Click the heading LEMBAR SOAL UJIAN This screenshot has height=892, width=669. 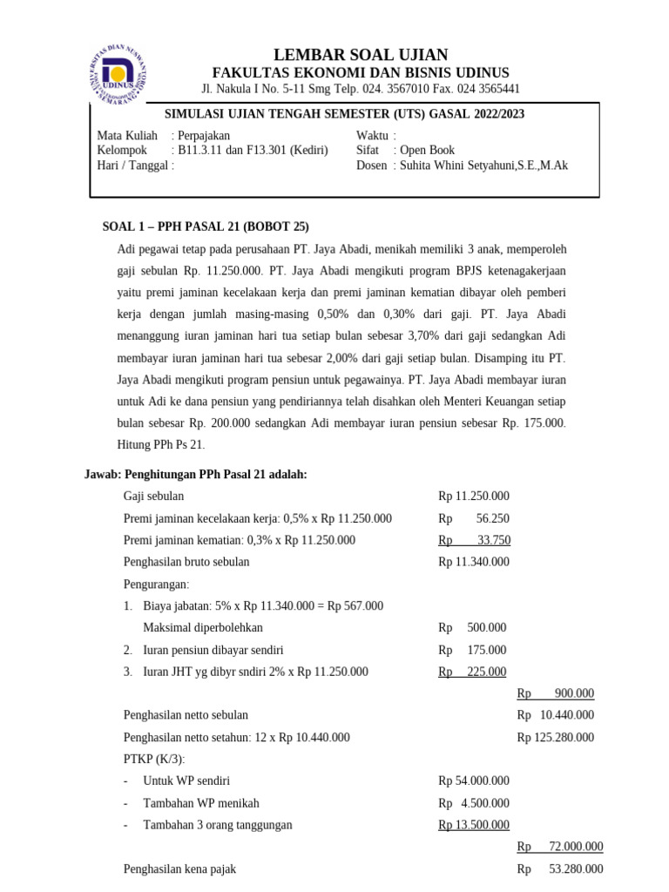click(362, 54)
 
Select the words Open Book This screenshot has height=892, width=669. click(427, 150)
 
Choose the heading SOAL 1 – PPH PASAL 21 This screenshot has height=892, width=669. click(206, 226)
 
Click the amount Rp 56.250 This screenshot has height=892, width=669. click(474, 518)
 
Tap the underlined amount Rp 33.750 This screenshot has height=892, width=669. click(474, 540)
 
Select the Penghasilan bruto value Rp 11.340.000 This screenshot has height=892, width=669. click(474, 562)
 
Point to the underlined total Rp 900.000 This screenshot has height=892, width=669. click(555, 693)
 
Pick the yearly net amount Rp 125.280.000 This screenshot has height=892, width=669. click(555, 737)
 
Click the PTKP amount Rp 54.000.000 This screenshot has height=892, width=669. click(474, 780)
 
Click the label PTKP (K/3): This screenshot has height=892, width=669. click(155, 759)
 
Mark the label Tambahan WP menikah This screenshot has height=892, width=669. click(201, 803)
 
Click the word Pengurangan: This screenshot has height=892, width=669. click(157, 584)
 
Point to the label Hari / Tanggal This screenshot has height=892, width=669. click(134, 165)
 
